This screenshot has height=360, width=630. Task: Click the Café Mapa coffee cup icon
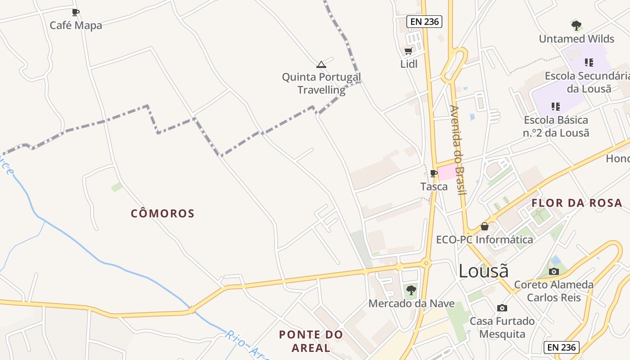[x=76, y=12]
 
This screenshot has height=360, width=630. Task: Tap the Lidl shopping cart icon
[x=408, y=51]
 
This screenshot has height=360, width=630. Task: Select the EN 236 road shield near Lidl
[x=424, y=21]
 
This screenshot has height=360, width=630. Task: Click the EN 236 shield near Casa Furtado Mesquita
[x=561, y=347]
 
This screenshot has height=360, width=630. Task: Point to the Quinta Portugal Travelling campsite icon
[x=321, y=64]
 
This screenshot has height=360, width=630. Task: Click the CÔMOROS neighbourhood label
[x=162, y=213]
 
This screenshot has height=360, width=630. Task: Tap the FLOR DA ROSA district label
[x=576, y=203]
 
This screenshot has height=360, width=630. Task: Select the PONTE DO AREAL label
[x=311, y=341]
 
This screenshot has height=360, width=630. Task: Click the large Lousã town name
[x=484, y=271]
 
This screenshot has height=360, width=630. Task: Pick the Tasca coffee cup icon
[x=434, y=173]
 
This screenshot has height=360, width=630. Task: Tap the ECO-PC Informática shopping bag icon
[x=485, y=226]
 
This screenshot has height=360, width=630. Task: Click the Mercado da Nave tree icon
[x=411, y=290]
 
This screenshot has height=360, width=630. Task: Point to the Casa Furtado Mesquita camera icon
[x=502, y=308]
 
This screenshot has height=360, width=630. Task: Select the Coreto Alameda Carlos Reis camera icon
[x=554, y=271]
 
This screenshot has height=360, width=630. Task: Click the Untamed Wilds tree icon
[x=576, y=26]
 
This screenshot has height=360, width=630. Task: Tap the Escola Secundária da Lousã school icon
[x=589, y=63]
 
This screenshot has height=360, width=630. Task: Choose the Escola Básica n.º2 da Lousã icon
[x=556, y=107]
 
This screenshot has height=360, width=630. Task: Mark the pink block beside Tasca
[x=447, y=173]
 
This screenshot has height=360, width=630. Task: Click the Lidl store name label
[x=409, y=64]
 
